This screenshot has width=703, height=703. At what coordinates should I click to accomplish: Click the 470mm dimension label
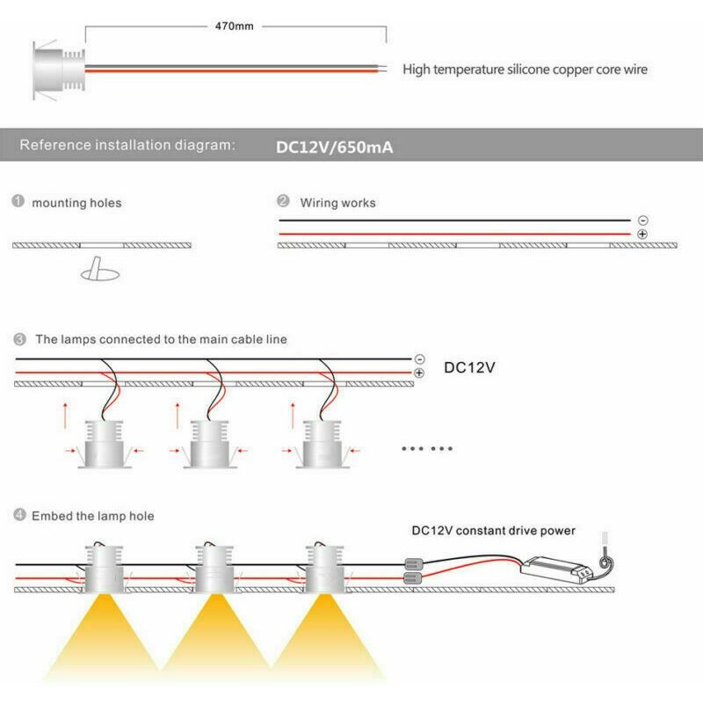(x=235, y=26)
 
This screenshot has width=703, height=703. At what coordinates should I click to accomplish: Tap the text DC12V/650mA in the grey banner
(x=335, y=147)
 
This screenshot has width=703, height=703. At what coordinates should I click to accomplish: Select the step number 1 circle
(x=18, y=202)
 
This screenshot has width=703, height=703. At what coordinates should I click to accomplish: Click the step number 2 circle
(x=283, y=202)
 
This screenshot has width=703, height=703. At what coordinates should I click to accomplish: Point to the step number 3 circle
(x=18, y=338)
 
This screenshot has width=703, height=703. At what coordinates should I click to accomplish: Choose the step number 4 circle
(x=18, y=516)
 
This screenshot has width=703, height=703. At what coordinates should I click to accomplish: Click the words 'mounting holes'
(x=76, y=203)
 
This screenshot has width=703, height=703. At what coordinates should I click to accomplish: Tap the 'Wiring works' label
(x=337, y=203)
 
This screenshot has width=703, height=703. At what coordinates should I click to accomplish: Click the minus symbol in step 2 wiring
(x=642, y=220)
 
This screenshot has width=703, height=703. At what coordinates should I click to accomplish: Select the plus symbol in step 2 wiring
(x=642, y=235)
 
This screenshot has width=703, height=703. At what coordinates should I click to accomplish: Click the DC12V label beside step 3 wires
(x=470, y=367)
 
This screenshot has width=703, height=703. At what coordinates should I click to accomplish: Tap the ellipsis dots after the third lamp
(x=427, y=448)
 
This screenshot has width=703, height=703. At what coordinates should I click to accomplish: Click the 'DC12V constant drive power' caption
(x=494, y=531)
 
